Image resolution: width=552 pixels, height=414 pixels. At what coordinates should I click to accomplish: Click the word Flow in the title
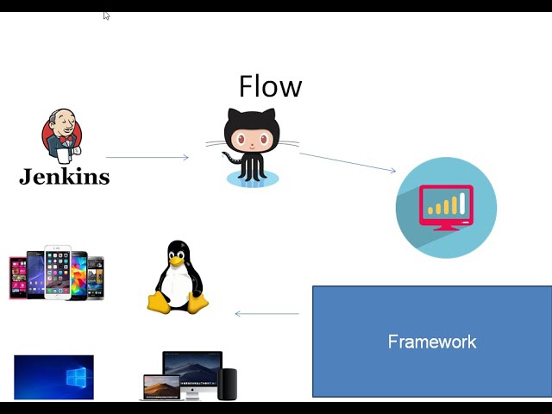click(x=270, y=86)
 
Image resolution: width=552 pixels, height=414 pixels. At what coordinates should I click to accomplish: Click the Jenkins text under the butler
click(x=65, y=177)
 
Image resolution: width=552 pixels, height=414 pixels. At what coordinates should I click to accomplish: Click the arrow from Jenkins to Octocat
click(x=147, y=157)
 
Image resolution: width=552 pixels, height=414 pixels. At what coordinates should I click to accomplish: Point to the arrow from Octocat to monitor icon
click(x=348, y=162)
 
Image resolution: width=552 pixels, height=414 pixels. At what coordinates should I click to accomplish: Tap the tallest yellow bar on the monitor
click(x=462, y=204)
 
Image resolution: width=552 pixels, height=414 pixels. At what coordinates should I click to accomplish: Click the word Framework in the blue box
click(x=431, y=342)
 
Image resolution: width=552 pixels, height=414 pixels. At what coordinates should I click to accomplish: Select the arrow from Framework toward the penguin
click(x=267, y=313)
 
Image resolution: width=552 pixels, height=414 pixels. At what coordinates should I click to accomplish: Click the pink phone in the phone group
click(x=17, y=277)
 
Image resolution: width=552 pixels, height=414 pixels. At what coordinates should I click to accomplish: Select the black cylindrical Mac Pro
click(x=227, y=384)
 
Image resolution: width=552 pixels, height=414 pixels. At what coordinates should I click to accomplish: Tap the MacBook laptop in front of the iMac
click(x=161, y=387)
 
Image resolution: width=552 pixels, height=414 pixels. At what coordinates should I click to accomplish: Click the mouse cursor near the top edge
click(x=106, y=15)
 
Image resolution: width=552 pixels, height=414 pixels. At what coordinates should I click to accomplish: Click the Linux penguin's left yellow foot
click(x=159, y=303)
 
